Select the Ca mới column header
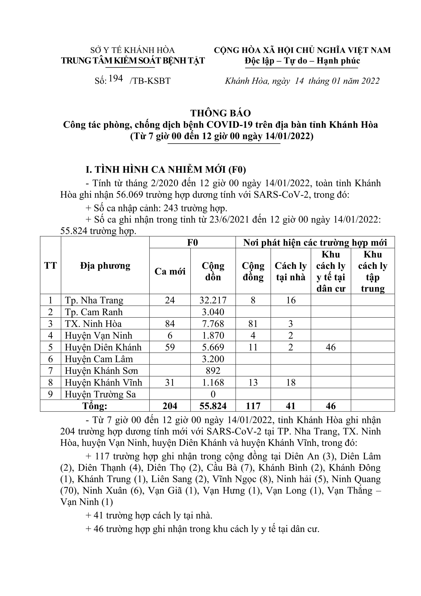coord(170,271)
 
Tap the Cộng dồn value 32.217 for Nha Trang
coord(213,300)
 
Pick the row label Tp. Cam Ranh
coord(94,312)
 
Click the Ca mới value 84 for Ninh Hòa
coord(170,324)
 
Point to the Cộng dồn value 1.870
coord(213,336)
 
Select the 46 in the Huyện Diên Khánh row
coord(331,347)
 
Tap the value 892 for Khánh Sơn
coord(213,371)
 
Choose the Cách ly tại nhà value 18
coord(291,382)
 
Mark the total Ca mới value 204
coord(170,406)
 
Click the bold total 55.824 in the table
coord(213,406)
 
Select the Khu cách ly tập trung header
coord(373,271)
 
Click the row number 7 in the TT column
coord(51,371)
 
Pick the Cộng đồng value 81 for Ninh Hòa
coord(253,324)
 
